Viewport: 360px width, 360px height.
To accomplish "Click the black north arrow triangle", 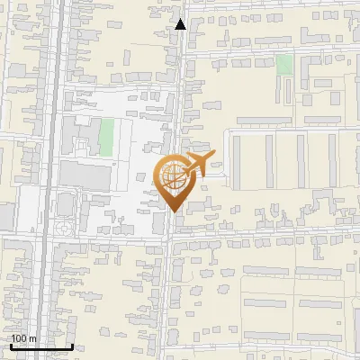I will point(181,24).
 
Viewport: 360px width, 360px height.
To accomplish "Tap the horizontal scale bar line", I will point(40,347).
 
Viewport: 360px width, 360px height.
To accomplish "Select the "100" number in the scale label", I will point(20,339).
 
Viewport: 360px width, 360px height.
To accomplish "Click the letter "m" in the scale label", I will point(33,339).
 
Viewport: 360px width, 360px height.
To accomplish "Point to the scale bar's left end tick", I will point(9,346).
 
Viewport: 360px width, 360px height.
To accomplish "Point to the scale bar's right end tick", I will point(72,346).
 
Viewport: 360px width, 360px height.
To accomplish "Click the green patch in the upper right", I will point(284,65).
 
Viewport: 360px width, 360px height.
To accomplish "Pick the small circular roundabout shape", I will point(61,230).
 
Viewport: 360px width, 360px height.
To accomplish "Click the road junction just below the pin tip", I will point(172,237).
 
